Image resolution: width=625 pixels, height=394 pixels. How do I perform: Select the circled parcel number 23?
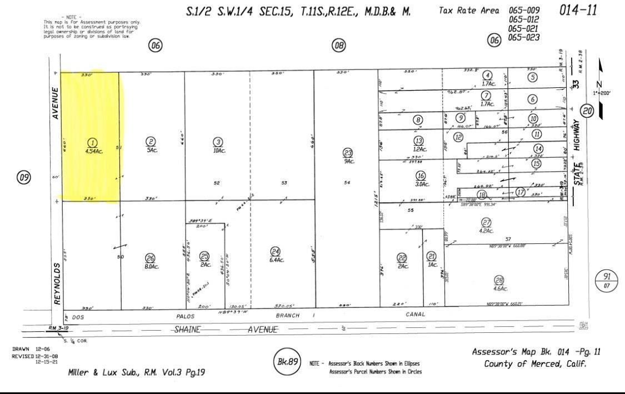348,153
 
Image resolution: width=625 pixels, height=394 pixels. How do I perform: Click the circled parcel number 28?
499,281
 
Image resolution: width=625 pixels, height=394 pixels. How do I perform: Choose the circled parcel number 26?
149,258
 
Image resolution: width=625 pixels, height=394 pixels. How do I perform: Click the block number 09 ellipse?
23,178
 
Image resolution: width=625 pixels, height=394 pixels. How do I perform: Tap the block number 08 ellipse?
338,46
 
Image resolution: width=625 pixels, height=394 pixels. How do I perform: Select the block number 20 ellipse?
588,111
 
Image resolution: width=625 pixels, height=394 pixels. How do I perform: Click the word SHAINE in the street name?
187,329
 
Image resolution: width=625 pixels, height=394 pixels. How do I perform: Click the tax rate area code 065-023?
524,38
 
